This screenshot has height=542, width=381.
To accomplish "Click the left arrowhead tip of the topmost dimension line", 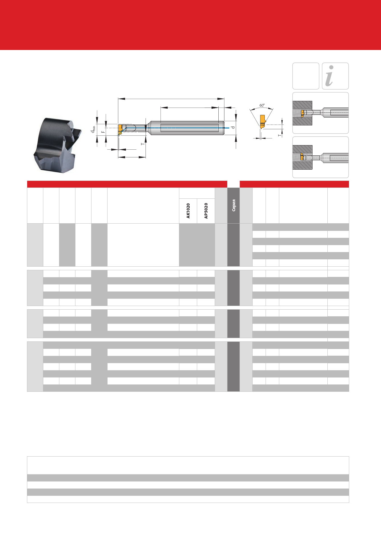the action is click(x=118, y=98).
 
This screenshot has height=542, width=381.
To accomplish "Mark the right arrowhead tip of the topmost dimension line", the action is click(x=224, y=98).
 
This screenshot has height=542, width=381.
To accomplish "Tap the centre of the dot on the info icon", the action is click(x=331, y=67).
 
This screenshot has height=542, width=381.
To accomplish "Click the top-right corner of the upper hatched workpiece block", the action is click(x=312, y=101).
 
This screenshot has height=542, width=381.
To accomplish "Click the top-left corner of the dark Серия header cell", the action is click(x=227, y=188).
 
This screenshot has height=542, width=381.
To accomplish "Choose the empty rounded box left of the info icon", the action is click(x=306, y=76).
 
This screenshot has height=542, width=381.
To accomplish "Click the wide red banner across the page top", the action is click(x=190, y=25).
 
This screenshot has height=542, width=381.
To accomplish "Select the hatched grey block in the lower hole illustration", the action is click(x=303, y=157).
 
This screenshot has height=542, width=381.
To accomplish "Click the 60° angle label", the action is click(x=262, y=105).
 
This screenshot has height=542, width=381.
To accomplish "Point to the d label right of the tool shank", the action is click(x=233, y=127).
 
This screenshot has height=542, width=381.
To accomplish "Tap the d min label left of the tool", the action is click(x=93, y=129).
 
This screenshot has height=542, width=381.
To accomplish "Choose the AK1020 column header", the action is click(x=188, y=211).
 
